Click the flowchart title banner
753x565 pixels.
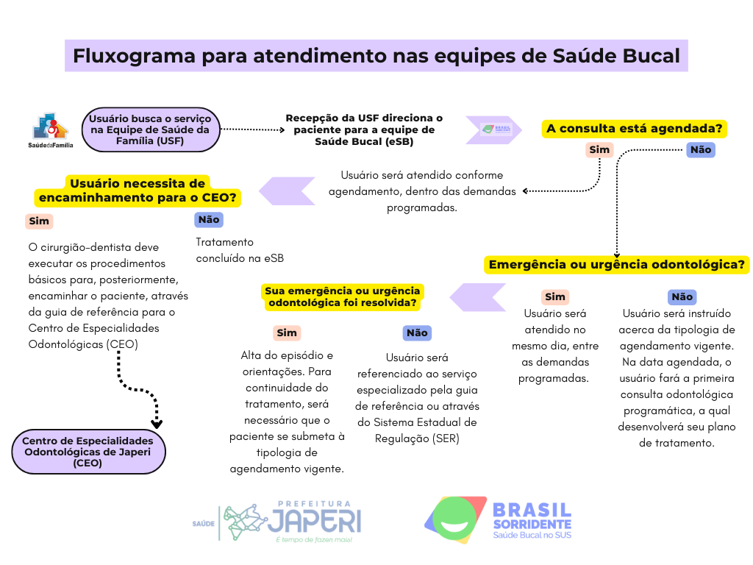coord(376,56)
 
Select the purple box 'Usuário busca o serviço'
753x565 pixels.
coord(150,129)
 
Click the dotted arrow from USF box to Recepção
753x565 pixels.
coord(252,129)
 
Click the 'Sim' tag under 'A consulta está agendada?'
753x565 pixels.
coord(599,150)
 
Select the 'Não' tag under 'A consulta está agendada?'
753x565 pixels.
coord(700,150)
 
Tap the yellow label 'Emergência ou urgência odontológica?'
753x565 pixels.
coord(617,265)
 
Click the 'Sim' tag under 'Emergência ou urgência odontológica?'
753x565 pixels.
coord(555,296)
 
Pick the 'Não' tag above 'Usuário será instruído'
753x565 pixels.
coord(682,296)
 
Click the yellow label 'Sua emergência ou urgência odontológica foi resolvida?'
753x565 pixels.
coord(343,296)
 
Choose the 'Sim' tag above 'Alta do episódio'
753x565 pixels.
coord(287,333)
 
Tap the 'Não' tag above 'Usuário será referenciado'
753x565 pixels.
coord(417,333)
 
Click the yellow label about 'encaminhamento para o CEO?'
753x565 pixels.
coord(138,191)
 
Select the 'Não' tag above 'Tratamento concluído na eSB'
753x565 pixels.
coord(209,219)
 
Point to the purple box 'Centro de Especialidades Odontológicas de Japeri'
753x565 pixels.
coord(88,452)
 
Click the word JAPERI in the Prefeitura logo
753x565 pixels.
coord(314,522)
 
